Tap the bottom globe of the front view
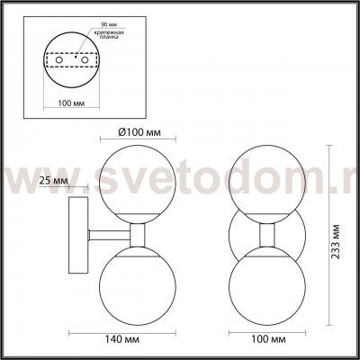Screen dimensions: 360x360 click(x=268, y=285)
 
